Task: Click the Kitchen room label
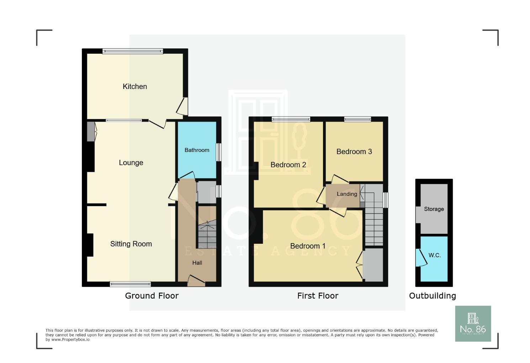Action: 134,86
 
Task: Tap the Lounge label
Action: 131,163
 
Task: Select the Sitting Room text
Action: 131,244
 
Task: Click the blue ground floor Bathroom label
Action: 197,150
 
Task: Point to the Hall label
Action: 197,263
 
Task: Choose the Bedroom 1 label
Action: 308,246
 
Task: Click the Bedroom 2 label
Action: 288,165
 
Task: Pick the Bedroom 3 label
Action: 354,152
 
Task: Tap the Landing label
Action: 347,194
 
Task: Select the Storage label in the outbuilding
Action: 434,209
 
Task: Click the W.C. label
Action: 434,255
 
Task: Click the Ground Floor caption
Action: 152,296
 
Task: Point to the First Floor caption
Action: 318,296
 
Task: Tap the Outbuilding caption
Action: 432,296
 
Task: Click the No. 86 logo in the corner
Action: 473,323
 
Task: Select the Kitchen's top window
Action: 133,52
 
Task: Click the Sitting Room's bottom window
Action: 130,284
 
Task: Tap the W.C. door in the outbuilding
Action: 421,257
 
